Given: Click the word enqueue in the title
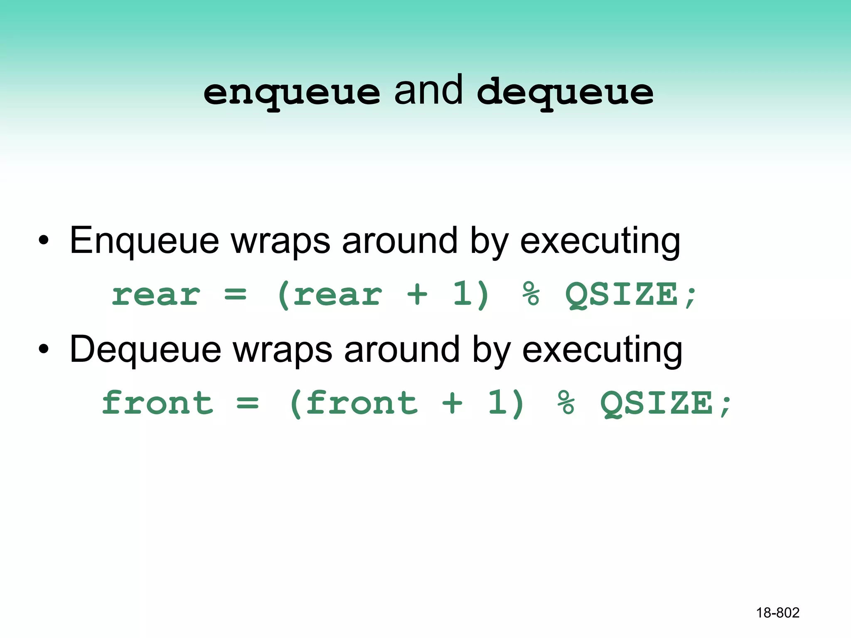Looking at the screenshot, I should coord(291,92).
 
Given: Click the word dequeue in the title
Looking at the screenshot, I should coord(565,92).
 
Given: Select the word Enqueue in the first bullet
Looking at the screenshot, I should coord(144,241).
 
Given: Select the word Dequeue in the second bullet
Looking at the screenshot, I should coord(145,350).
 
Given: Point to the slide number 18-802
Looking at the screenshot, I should coord(777,613).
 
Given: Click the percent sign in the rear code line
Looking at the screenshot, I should coord(531,294).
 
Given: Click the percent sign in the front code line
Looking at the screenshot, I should coord(566,403).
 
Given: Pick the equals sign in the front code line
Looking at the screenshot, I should coord(248,403).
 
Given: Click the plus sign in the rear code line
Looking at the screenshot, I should coord(417,294).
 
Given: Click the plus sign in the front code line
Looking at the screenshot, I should coord(452,403).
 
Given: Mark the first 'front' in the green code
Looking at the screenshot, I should coord(157,402).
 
